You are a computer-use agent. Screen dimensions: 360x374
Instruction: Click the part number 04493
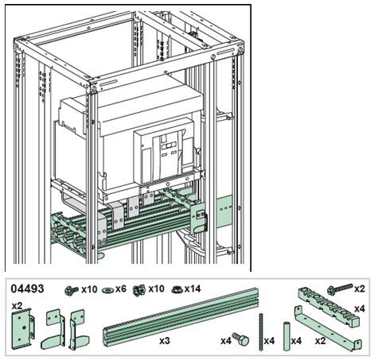pyautogui.click(x=28, y=288)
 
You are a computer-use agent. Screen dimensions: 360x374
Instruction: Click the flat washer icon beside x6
pyautogui.click(x=108, y=290)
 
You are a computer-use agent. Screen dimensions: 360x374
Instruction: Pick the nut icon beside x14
pyautogui.click(x=176, y=289)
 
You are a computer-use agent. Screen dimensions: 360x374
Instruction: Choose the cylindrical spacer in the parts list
pyautogui.click(x=283, y=329)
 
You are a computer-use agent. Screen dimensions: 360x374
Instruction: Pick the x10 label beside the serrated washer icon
pyautogui.click(x=158, y=289)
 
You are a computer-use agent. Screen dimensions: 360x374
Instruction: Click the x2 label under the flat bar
pyautogui.click(x=321, y=340)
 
